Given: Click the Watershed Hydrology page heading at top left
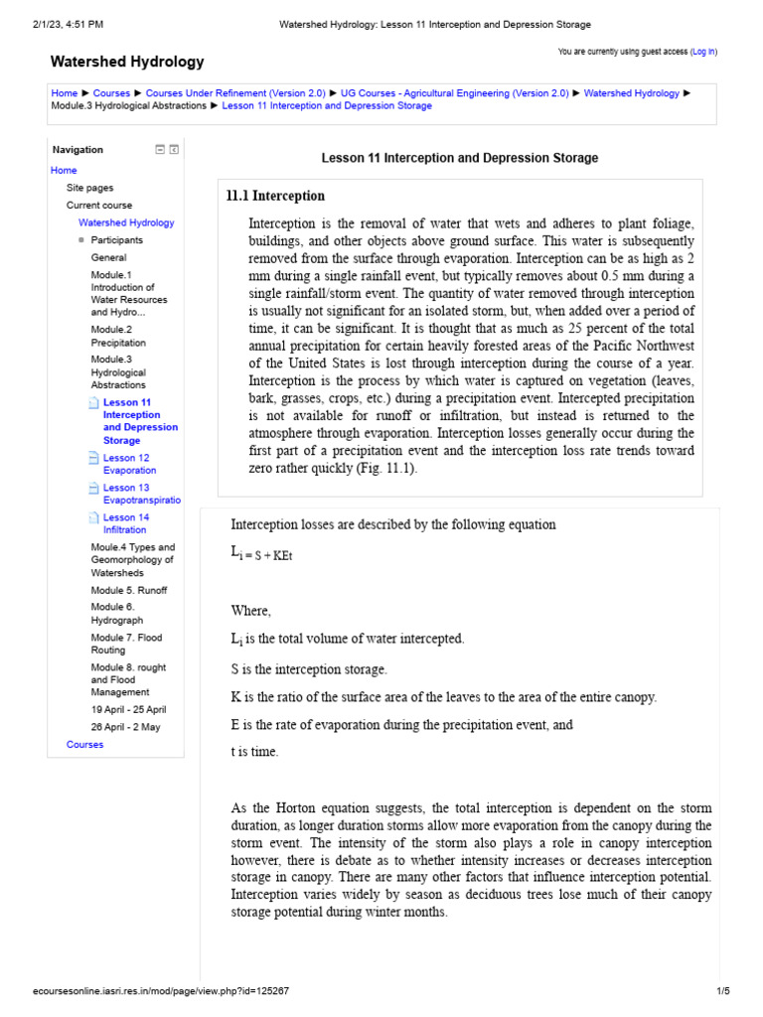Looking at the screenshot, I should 127,62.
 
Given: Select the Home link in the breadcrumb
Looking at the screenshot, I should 64,93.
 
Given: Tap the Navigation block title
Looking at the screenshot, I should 77,150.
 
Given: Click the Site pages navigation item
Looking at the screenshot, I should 89,188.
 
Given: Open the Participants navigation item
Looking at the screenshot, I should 116,240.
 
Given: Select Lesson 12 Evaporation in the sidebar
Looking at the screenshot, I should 129,464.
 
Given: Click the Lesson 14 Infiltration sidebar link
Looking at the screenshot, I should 126,523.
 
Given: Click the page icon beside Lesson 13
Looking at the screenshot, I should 93,489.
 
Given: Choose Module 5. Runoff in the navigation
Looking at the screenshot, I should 129,590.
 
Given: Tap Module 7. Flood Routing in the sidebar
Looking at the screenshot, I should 126,644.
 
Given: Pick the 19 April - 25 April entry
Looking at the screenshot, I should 128,709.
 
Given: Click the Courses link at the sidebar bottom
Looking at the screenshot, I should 84,744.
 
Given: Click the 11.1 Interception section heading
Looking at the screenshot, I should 276,197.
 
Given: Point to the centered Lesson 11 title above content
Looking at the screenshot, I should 460,158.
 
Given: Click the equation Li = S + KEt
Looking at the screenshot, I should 261,555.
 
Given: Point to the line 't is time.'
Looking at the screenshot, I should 254,752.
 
